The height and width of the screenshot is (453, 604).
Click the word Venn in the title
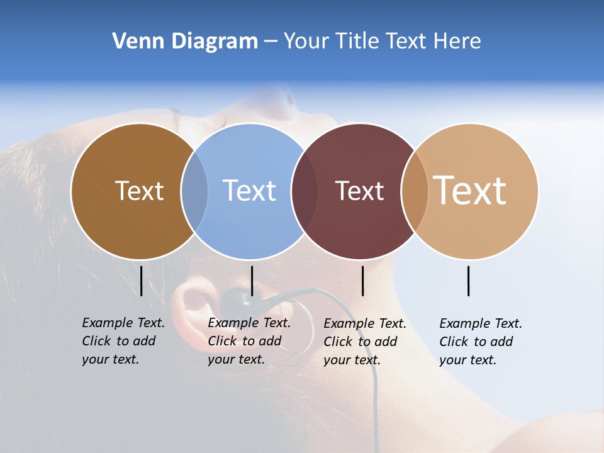pyautogui.click(x=132, y=41)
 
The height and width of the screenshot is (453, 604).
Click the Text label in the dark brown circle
pyautogui.click(x=139, y=191)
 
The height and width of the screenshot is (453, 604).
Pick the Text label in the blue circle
pyautogui.click(x=249, y=191)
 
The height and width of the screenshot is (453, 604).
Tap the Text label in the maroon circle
pyautogui.click(x=359, y=191)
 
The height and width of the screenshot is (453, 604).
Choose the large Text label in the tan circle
pyautogui.click(x=470, y=190)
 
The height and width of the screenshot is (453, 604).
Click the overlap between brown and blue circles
pyautogui.click(x=194, y=191)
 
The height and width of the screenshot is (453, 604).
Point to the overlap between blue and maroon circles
pyautogui.click(x=305, y=191)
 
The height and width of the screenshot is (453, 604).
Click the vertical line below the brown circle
pyautogui.click(x=141, y=281)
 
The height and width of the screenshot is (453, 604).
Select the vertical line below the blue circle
pyautogui.click(x=252, y=281)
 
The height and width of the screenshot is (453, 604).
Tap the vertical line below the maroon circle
pyautogui.click(x=362, y=281)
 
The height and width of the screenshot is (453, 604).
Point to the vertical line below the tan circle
pyautogui.click(x=468, y=281)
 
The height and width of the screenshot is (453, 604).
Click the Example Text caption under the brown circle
pyautogui.click(x=123, y=341)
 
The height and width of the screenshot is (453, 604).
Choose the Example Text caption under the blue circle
pyautogui.click(x=249, y=341)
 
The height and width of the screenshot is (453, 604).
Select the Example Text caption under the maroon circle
pyautogui.click(x=364, y=342)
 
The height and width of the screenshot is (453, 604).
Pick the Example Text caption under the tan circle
pyautogui.click(x=480, y=342)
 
